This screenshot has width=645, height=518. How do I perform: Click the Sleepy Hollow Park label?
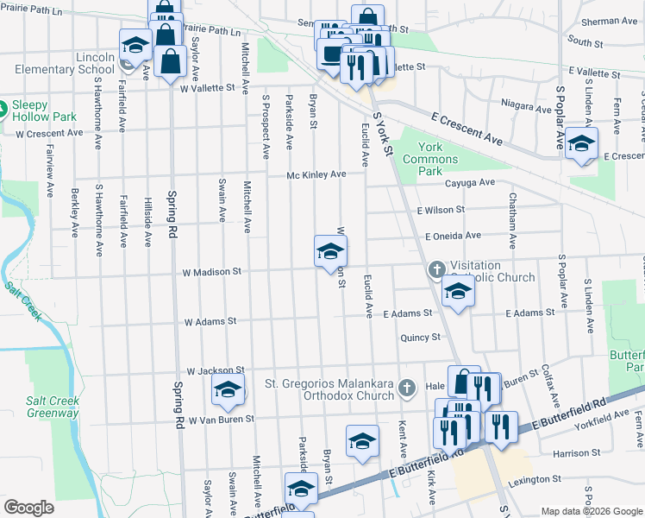[44, 112]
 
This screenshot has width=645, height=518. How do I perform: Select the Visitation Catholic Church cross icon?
[436, 270]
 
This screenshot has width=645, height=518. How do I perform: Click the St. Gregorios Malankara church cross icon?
[408, 390]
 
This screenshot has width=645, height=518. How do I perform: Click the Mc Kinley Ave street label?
[316, 174]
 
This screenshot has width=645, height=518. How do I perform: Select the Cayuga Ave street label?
[470, 183]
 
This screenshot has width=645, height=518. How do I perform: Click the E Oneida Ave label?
[453, 236]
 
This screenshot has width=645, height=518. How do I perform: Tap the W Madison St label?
[210, 272]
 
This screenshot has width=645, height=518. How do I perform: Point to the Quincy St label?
[420, 338]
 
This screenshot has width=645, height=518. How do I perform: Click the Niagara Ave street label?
[527, 109]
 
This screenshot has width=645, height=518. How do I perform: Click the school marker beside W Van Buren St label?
[229, 390]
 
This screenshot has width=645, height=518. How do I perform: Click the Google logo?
[29, 508]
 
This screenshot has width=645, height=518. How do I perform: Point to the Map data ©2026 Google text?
[591, 511]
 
